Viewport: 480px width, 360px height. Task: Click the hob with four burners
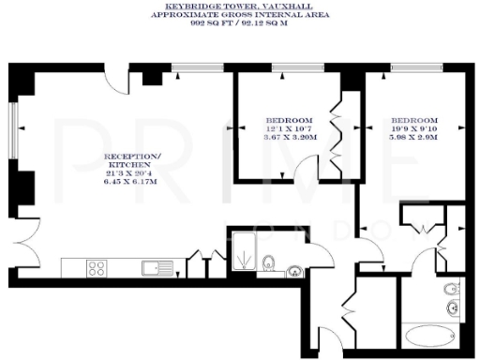96,268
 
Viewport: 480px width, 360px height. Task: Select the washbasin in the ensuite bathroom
456,307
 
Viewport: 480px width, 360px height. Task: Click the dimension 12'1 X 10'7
289,129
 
